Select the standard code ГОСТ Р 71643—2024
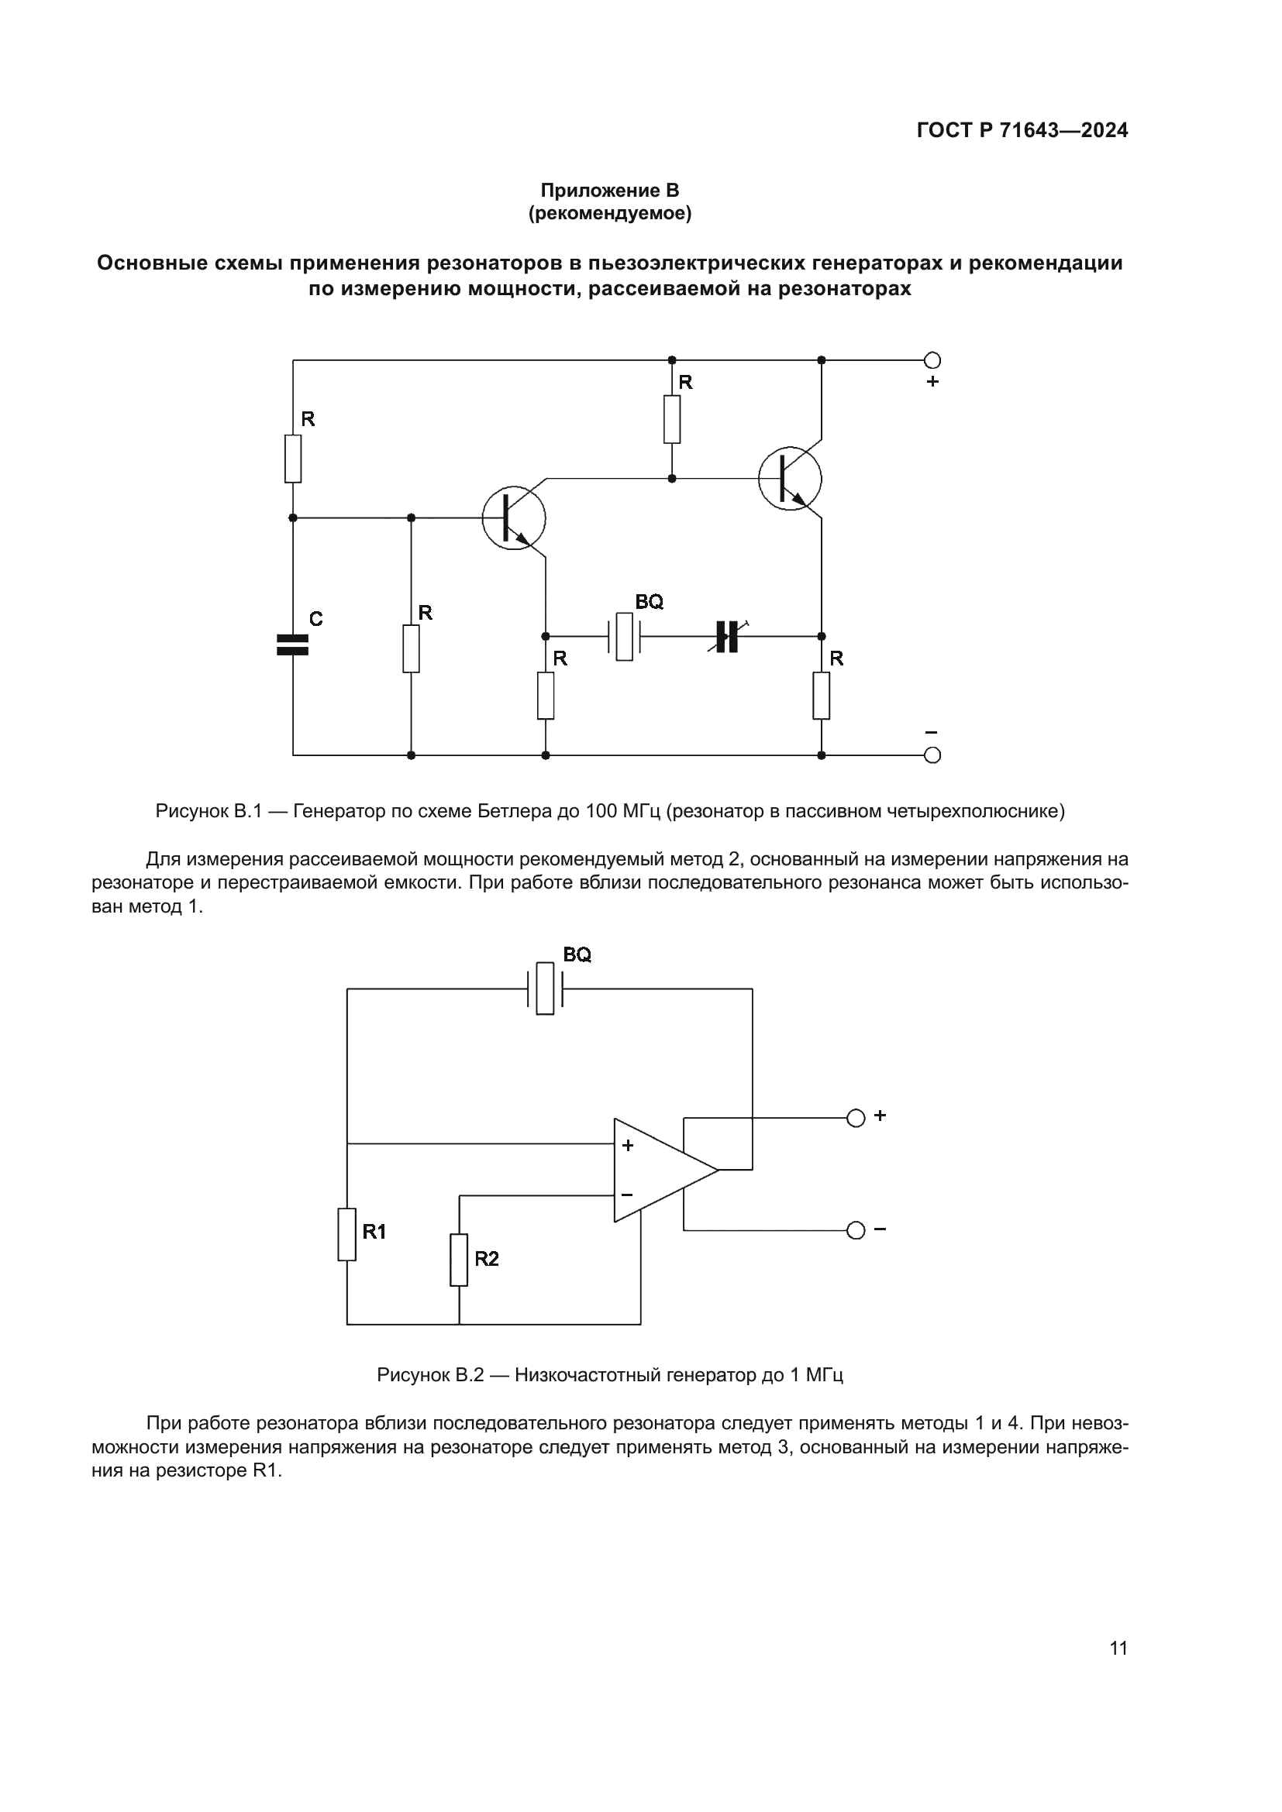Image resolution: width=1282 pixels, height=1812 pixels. tap(1022, 131)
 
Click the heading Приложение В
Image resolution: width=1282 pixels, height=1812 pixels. tap(609, 191)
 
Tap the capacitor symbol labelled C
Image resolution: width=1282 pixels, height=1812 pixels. tap(293, 645)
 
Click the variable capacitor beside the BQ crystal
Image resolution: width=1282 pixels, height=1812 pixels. tap(727, 636)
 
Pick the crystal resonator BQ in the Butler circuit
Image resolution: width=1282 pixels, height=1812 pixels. tap(624, 636)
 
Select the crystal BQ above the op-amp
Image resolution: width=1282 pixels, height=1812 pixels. tap(545, 988)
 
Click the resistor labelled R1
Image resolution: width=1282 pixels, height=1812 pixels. tap(347, 1234)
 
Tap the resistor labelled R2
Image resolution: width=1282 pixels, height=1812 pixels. tap(459, 1260)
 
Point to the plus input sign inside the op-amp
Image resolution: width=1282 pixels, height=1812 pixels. tap(628, 1145)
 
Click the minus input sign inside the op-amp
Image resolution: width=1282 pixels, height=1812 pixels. tap(627, 1195)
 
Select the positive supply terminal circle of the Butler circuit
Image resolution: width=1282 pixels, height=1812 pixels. tap(932, 361)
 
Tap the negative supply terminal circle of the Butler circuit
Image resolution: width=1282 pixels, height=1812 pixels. tap(932, 755)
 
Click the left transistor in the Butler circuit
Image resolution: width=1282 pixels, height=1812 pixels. tap(514, 518)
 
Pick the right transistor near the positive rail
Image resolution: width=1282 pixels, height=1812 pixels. tap(789, 479)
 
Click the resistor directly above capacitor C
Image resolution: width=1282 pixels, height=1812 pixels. tap(293, 459)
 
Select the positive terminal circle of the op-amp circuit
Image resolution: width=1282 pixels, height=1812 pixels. tap(856, 1119)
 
